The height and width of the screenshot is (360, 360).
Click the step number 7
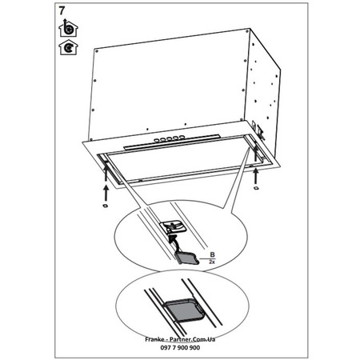click(62, 11)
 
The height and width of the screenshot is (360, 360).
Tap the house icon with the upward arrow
click(68, 28)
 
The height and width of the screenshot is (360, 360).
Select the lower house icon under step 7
click(68, 47)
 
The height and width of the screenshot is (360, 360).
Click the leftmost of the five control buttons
click(156, 140)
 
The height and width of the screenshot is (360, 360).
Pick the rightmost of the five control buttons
click(182, 137)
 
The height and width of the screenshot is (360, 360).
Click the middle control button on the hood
click(169, 138)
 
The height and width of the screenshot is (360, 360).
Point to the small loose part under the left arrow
click(106, 206)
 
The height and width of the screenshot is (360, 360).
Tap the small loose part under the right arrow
click(256, 188)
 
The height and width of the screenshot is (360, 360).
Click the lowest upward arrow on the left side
click(106, 193)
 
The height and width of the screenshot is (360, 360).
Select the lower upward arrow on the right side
click(256, 176)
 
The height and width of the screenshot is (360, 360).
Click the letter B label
click(212, 255)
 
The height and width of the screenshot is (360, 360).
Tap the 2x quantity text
click(212, 262)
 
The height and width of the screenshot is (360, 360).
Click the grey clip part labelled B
click(186, 258)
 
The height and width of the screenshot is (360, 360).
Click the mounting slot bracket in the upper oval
click(173, 227)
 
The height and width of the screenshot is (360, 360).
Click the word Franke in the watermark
click(153, 339)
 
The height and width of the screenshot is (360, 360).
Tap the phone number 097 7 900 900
click(180, 347)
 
